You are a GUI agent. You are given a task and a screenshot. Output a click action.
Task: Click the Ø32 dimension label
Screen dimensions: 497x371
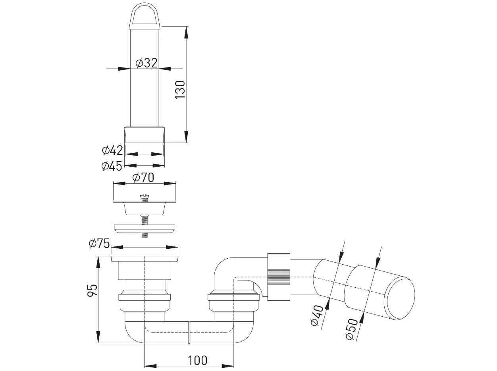pos(146,63)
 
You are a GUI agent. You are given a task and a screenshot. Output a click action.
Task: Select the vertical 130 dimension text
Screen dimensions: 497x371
pos(180,90)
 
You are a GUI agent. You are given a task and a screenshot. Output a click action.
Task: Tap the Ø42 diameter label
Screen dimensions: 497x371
pos(112,150)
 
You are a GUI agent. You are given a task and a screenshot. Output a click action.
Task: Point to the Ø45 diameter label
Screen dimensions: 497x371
pos(112,166)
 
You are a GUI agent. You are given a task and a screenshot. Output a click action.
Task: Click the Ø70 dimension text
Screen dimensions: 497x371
pos(143,178)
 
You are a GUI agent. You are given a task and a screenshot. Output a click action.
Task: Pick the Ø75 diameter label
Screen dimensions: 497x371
pos(99,244)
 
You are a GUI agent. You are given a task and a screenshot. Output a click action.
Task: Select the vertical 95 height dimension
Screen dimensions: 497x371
pos(92,290)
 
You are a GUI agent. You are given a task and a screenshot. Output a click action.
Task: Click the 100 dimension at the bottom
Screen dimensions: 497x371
pos(197,361)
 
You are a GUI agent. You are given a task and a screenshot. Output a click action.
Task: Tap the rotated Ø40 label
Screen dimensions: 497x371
pos(317,315)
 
